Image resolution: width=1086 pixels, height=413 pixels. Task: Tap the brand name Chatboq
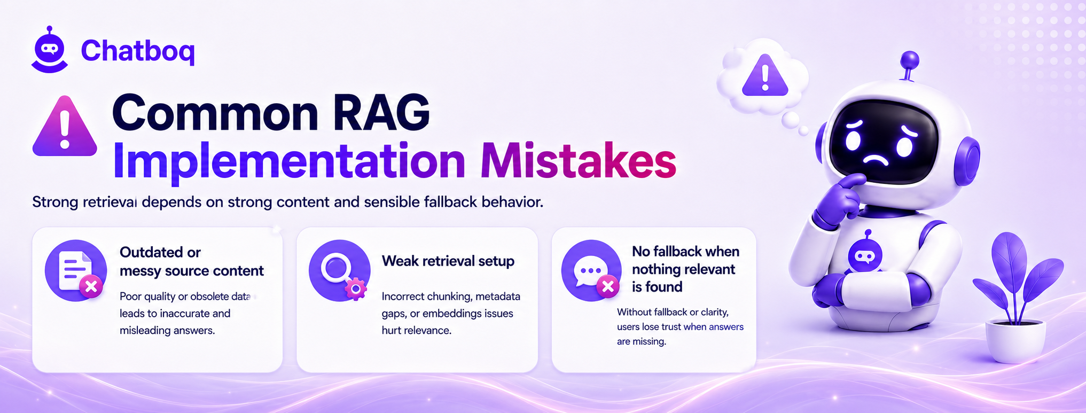point(138,52)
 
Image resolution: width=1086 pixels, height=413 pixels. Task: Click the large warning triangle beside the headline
point(65,127)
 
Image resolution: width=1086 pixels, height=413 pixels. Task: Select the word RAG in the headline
point(381,113)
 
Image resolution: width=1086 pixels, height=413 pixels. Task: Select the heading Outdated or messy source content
point(192,261)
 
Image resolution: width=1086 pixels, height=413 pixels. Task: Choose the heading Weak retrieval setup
point(448,261)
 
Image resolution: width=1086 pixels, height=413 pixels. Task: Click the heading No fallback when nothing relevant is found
point(686,269)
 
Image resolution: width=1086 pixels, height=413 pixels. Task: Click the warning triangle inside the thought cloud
point(765,75)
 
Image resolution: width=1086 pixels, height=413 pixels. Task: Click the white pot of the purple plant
point(1015,341)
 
